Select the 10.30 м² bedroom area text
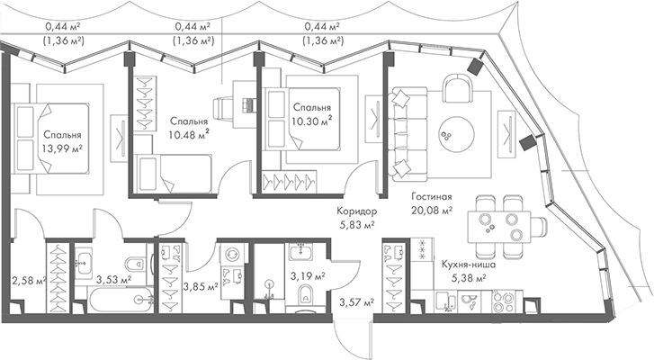311,118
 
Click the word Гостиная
433,196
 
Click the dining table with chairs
499,222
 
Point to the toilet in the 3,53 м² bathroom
132,266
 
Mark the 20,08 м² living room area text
433,211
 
